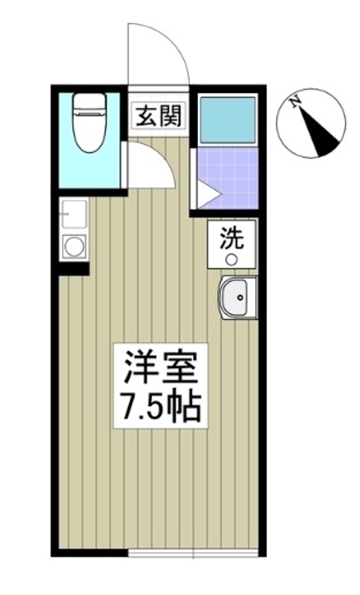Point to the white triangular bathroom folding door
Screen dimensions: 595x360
tap(206, 195)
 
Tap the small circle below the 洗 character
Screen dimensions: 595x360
tap(231, 259)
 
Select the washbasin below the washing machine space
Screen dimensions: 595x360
tap(238, 299)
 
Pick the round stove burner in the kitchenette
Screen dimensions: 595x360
tap(74, 245)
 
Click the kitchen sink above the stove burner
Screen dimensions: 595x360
tap(74, 215)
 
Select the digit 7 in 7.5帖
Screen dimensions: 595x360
tap(125, 407)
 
